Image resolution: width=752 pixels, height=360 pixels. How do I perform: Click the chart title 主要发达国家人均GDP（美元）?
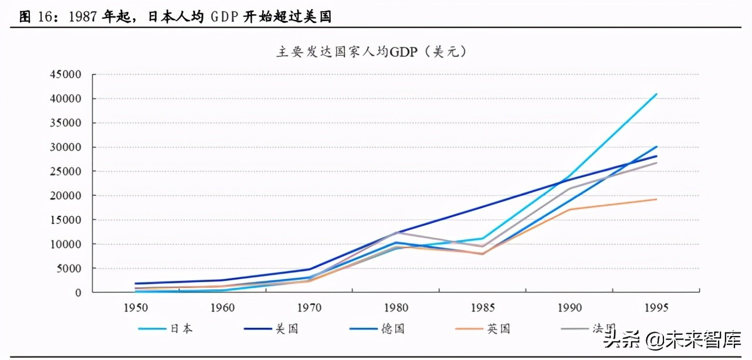point(371,52)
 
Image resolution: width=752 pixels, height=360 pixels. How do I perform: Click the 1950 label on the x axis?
point(136,307)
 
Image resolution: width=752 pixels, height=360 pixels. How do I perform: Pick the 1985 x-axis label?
point(482,307)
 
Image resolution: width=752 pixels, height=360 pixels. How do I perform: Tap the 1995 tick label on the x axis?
point(655,307)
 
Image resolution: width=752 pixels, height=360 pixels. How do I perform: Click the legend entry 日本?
point(181,329)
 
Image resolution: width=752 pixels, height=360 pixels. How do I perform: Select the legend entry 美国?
point(287,329)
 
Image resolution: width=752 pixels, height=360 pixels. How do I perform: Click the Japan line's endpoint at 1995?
point(656,94)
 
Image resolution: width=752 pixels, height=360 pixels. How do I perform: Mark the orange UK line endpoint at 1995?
point(656,199)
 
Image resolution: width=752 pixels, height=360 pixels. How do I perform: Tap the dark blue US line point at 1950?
point(136,283)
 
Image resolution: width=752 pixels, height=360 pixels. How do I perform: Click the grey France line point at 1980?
point(396,232)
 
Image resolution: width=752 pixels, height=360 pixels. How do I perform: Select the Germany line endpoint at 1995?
point(656,147)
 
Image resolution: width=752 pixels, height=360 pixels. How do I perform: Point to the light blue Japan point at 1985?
point(482,239)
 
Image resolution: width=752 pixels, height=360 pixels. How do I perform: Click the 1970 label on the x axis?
point(309,307)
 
